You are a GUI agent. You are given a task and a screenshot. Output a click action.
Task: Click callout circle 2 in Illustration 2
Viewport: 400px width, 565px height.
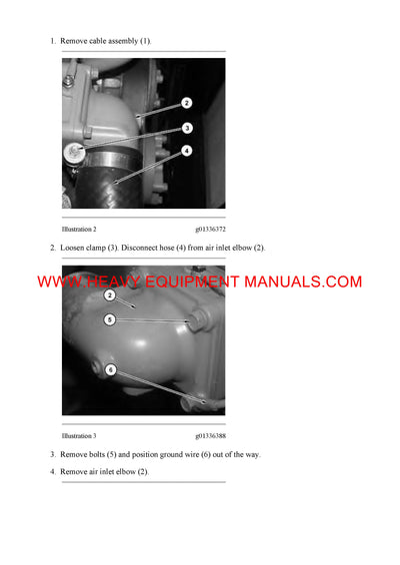click(187, 102)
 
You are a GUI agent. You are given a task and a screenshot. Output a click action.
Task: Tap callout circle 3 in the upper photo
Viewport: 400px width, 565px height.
click(187, 128)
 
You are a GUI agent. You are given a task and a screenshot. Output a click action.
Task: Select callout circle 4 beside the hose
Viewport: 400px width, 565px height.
click(187, 151)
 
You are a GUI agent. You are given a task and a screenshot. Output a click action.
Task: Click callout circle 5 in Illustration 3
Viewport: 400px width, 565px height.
click(110, 319)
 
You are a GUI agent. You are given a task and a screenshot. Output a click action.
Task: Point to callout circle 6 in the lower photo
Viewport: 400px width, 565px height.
click(110, 370)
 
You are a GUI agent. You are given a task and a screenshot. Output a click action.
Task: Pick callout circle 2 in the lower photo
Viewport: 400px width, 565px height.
click(110, 295)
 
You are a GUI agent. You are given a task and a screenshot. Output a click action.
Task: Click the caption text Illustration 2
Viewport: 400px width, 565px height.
click(79, 229)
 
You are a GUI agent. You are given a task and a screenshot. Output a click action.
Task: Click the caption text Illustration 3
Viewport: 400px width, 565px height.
click(79, 435)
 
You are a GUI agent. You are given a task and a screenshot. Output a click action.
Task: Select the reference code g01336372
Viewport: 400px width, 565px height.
click(210, 229)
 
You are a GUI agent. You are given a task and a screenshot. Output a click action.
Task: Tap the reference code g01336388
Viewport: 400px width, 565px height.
click(210, 435)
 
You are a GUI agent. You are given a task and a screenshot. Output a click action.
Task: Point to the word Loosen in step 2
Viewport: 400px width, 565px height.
click(74, 248)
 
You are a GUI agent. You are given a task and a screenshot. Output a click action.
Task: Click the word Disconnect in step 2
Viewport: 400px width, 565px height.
click(146, 248)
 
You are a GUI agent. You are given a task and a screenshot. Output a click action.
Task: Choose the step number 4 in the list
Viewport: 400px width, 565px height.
click(53, 471)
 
